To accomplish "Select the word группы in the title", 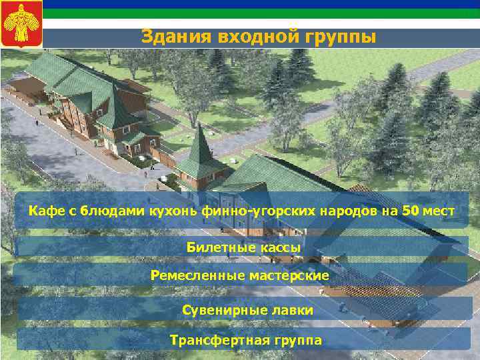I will tap(341, 35).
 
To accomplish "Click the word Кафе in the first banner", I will tap(43, 212).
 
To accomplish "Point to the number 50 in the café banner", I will tap(411, 212).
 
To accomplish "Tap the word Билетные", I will tap(215, 247).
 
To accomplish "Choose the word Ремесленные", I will tap(193, 275).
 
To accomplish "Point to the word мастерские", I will tap(291, 275).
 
